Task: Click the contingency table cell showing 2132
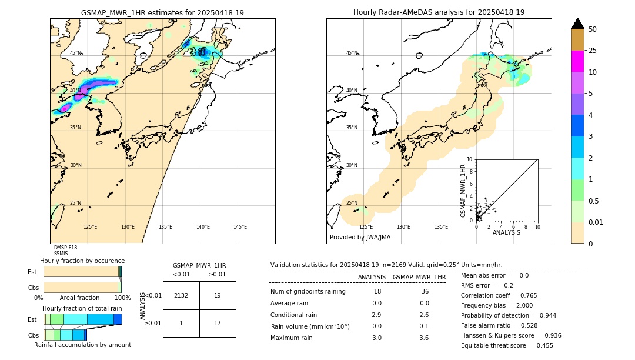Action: [x=181, y=295]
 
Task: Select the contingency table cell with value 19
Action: [x=218, y=295]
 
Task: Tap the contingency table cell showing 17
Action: [x=218, y=323]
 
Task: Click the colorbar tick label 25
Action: [x=593, y=51]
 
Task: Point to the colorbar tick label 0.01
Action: [x=596, y=222]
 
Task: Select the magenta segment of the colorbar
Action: [x=577, y=61]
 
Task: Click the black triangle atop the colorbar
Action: [x=577, y=24]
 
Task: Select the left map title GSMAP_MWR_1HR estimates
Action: [x=162, y=12]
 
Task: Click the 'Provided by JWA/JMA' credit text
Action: [x=360, y=238]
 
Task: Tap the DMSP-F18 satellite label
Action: [x=65, y=248]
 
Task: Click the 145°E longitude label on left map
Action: [x=240, y=227]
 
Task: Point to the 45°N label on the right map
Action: [x=352, y=53]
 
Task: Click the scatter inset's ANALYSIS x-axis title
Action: [x=506, y=232]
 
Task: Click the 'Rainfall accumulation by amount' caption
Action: [x=82, y=345]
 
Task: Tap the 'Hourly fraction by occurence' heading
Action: [x=82, y=261]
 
